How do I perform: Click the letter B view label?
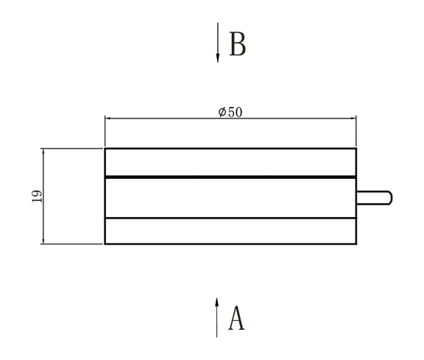[237, 44]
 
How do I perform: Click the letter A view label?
[236, 319]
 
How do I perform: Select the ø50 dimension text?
[230, 112]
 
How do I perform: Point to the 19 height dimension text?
[36, 196]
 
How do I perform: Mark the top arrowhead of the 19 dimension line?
[43, 152]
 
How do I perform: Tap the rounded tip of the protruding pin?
[389, 197]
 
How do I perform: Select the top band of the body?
[230, 162]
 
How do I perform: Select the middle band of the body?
[230, 197]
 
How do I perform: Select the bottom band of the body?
[230, 230]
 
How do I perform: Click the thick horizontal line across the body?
[230, 177]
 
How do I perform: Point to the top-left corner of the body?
[105, 149]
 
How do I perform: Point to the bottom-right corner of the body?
[356, 243]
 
